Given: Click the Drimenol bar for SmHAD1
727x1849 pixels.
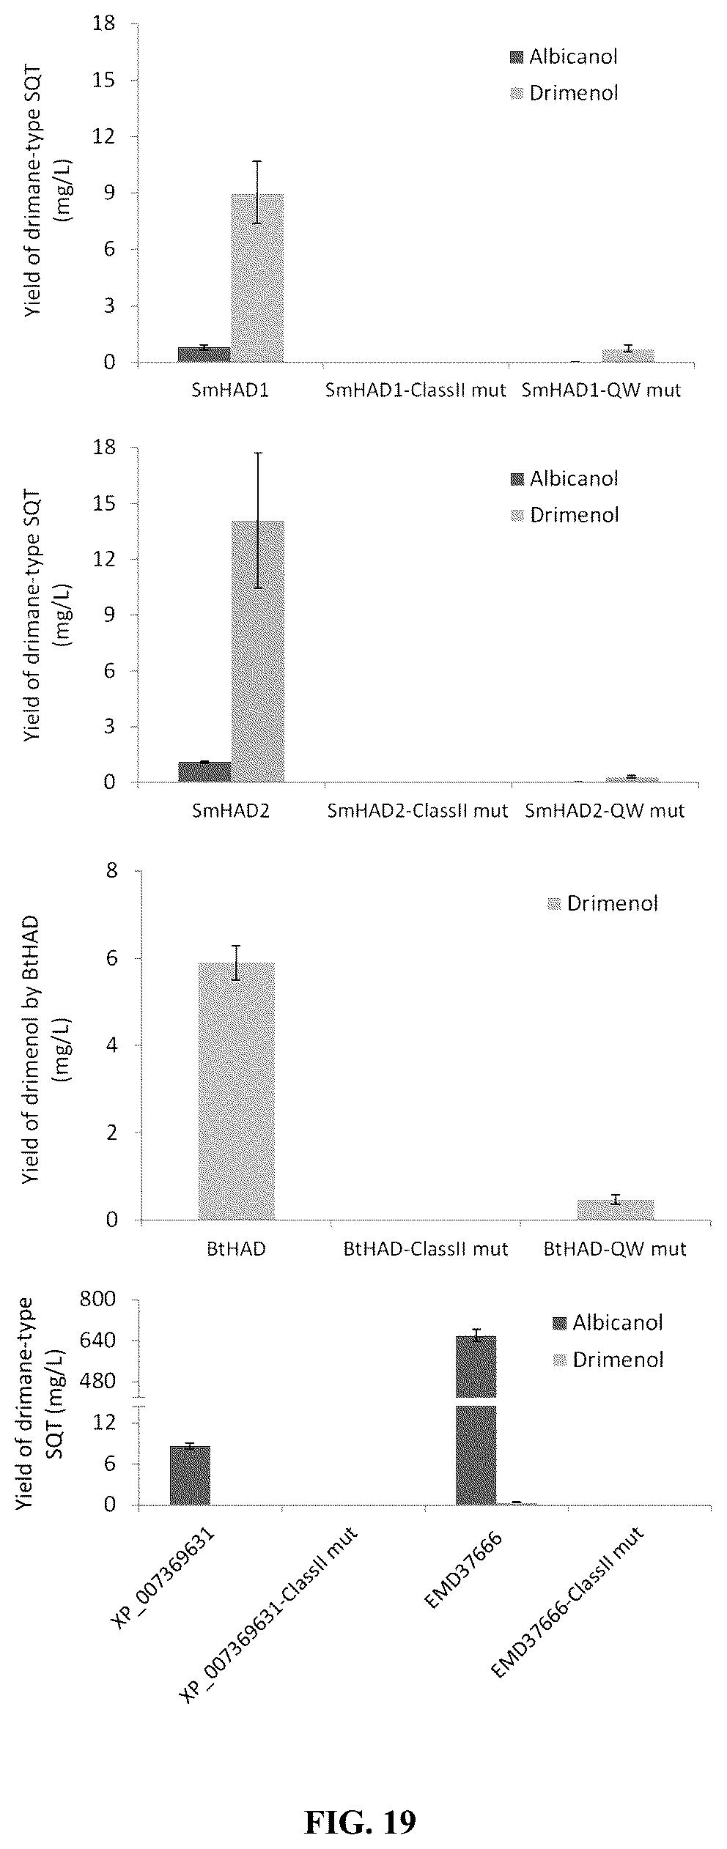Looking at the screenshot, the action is tap(257, 278).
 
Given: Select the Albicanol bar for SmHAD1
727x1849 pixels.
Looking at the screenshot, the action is tap(204, 355).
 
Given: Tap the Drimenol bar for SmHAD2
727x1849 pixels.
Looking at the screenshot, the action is tap(258, 651).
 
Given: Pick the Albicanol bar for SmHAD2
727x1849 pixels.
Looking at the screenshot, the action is tap(205, 772).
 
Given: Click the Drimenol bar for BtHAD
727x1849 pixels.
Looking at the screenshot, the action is tap(237, 1091).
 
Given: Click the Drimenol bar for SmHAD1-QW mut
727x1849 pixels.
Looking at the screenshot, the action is tap(627, 355).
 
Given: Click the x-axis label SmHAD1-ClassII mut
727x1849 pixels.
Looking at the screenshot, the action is tap(416, 390).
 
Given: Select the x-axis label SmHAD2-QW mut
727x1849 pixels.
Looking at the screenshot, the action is tap(605, 811).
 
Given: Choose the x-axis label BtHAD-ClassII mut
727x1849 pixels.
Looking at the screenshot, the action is tap(426, 1248).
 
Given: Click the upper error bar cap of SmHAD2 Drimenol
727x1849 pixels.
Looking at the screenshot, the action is tap(258, 453).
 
